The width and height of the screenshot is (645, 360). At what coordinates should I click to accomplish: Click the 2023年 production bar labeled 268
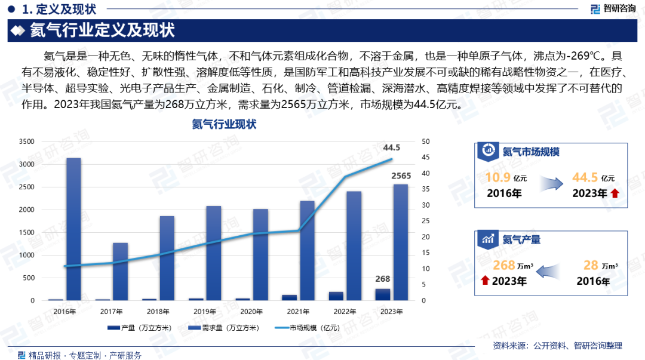click(382, 294)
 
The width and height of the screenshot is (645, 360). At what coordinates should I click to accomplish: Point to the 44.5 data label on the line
click(391, 147)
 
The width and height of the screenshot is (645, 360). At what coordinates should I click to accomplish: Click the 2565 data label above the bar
click(401, 176)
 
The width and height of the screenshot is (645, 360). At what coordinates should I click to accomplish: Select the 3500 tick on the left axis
click(26, 142)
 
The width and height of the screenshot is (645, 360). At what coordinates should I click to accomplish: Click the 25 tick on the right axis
click(425, 221)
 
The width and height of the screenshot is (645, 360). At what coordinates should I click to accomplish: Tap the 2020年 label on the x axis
click(251, 312)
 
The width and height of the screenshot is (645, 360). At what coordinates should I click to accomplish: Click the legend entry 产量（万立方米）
click(140, 328)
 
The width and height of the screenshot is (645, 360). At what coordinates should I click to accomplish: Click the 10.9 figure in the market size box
click(497, 177)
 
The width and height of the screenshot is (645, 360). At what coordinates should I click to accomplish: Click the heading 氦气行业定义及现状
click(102, 30)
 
